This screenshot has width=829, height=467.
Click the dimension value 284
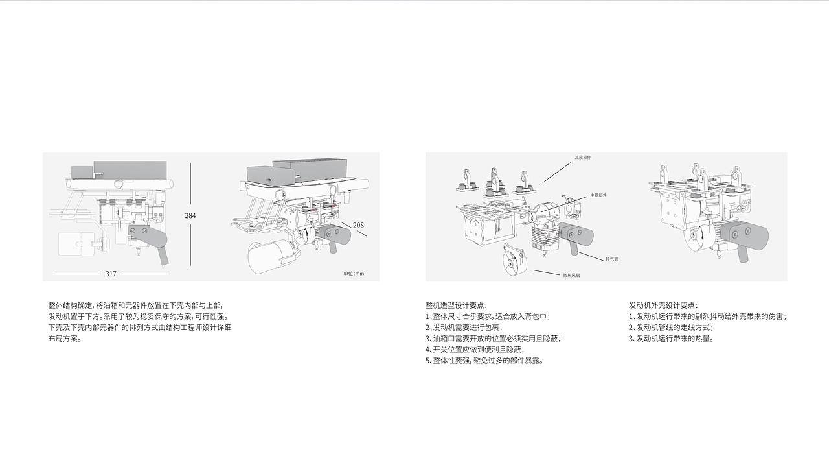pyautogui.click(x=190, y=215)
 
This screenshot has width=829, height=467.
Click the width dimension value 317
pyautogui.click(x=111, y=274)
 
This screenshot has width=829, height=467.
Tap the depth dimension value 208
pyautogui.click(x=358, y=226)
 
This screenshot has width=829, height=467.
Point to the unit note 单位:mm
pyautogui.click(x=354, y=274)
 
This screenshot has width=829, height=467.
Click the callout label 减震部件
pyautogui.click(x=582, y=158)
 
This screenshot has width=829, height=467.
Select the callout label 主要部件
pyautogui.click(x=598, y=195)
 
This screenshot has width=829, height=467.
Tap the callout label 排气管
pyautogui.click(x=611, y=259)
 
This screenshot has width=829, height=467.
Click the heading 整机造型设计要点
pyautogui.click(x=456, y=305)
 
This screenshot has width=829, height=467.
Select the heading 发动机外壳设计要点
pyautogui.click(x=663, y=305)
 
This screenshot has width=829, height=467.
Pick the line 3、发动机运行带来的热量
pyautogui.click(x=671, y=339)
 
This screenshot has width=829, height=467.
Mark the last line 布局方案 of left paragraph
pyautogui.click(x=65, y=339)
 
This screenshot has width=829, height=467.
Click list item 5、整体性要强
pyautogui.click(x=484, y=361)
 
